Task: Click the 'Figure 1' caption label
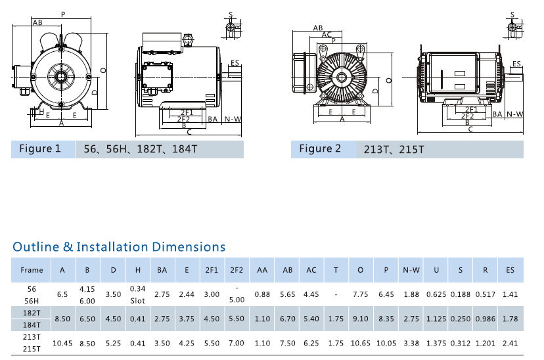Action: tap(39, 148)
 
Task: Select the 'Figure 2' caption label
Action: tap(320, 148)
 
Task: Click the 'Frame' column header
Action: tap(32, 270)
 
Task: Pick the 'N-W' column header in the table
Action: tap(411, 270)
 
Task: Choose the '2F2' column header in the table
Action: tap(237, 270)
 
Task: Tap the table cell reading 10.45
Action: tap(62, 343)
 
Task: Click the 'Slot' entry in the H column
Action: tap(137, 300)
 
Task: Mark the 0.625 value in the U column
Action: tap(436, 294)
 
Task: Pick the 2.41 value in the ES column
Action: tap(510, 343)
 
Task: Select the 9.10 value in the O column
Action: tap(361, 319)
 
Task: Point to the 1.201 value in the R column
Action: tap(486, 343)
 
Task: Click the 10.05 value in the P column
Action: tap(386, 343)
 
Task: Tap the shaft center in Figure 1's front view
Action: tap(60, 76)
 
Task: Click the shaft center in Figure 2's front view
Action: tap(341, 78)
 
